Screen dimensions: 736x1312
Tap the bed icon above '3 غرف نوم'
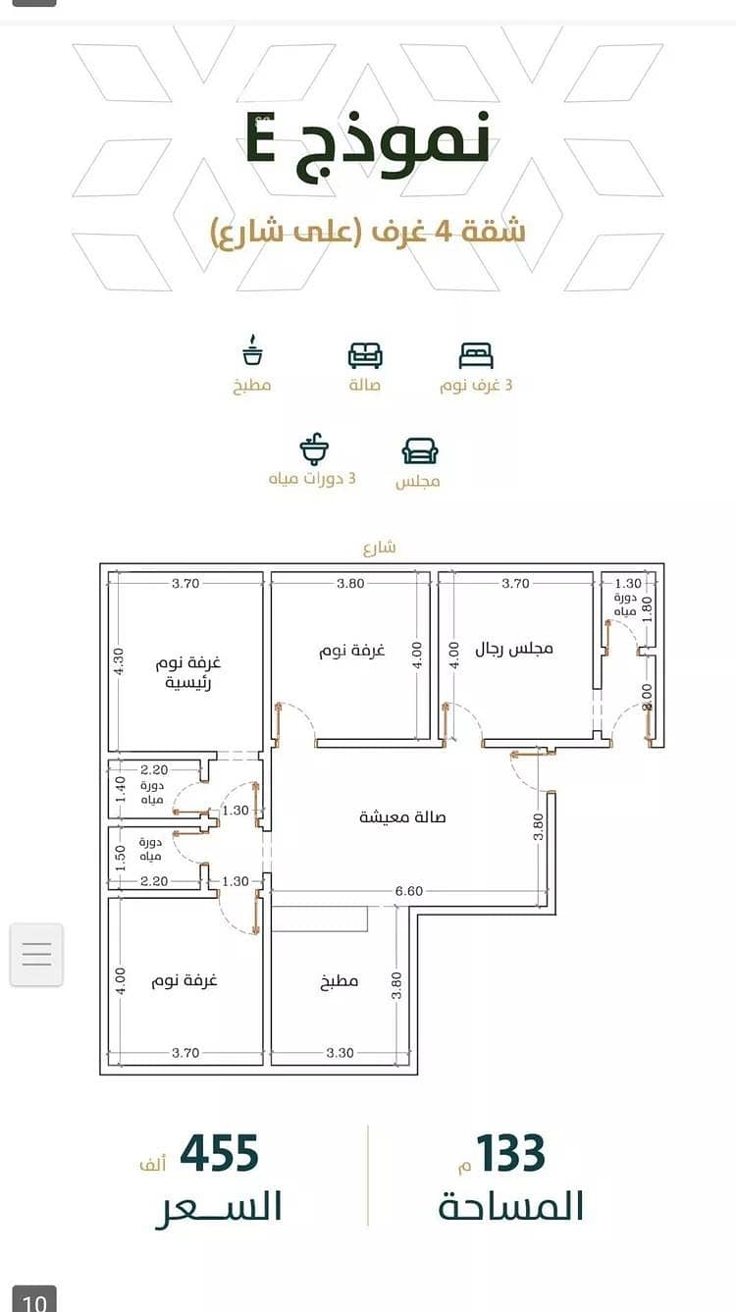(476, 355)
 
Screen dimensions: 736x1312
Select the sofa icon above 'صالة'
(365, 355)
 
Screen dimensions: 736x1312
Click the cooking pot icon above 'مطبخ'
(252, 350)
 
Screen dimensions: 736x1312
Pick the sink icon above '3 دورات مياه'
(314, 449)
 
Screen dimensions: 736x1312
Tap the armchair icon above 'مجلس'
(420, 451)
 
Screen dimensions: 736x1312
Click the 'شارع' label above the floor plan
(380, 548)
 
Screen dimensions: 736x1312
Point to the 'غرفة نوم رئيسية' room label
(188, 673)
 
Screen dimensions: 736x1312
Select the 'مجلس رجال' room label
(514, 649)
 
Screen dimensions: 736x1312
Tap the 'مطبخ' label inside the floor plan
(339, 981)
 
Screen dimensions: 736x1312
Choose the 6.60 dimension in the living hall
(408, 891)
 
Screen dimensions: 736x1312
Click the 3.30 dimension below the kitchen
(340, 1053)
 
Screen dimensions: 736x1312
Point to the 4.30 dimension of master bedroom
(119, 660)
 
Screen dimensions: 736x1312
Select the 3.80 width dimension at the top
(350, 583)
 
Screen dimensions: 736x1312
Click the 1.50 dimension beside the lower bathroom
(120, 858)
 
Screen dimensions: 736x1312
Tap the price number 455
(220, 1153)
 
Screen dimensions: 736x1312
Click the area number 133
(510, 1153)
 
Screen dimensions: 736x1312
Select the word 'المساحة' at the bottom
(511, 1207)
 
